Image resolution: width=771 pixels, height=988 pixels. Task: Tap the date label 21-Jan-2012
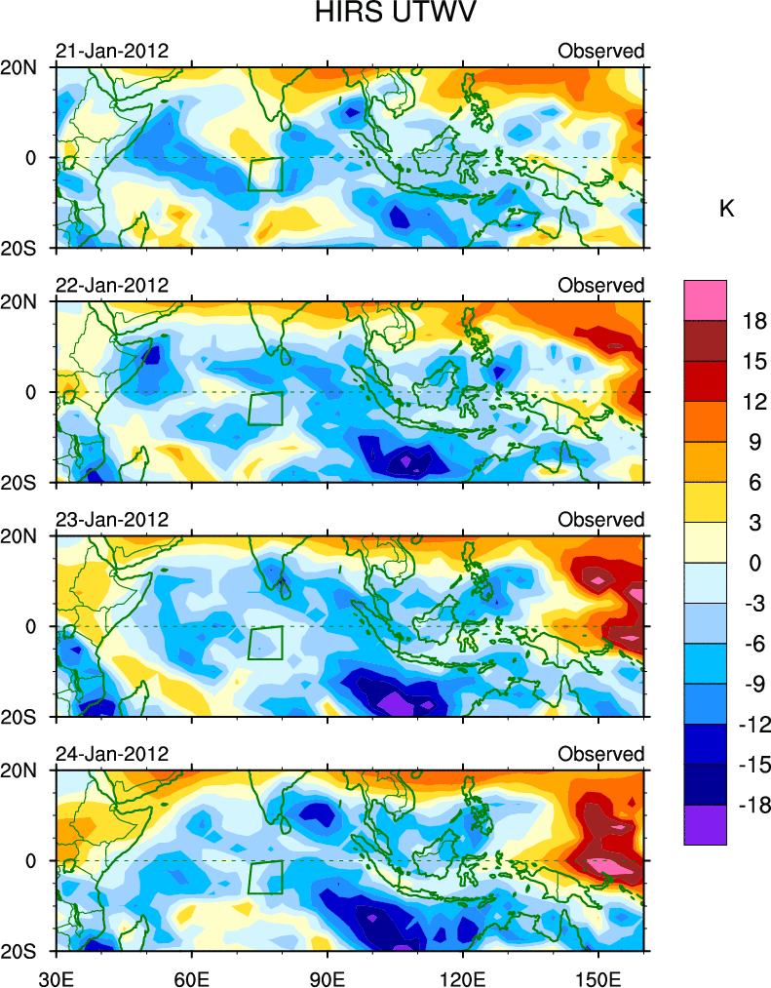(112, 51)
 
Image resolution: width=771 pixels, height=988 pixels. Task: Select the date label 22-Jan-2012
(112, 285)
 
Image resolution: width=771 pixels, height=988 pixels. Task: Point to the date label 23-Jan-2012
(112, 520)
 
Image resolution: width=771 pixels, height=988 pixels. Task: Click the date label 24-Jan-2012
(112, 754)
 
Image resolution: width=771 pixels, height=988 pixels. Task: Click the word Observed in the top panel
(601, 51)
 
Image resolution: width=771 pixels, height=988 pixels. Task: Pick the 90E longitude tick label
(328, 974)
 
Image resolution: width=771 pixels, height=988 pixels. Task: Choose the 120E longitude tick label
(462, 974)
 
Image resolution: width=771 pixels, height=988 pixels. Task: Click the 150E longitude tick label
(598, 974)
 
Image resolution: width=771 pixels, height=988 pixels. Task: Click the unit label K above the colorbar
(726, 209)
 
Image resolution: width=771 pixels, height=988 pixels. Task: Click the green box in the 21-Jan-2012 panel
(265, 174)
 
